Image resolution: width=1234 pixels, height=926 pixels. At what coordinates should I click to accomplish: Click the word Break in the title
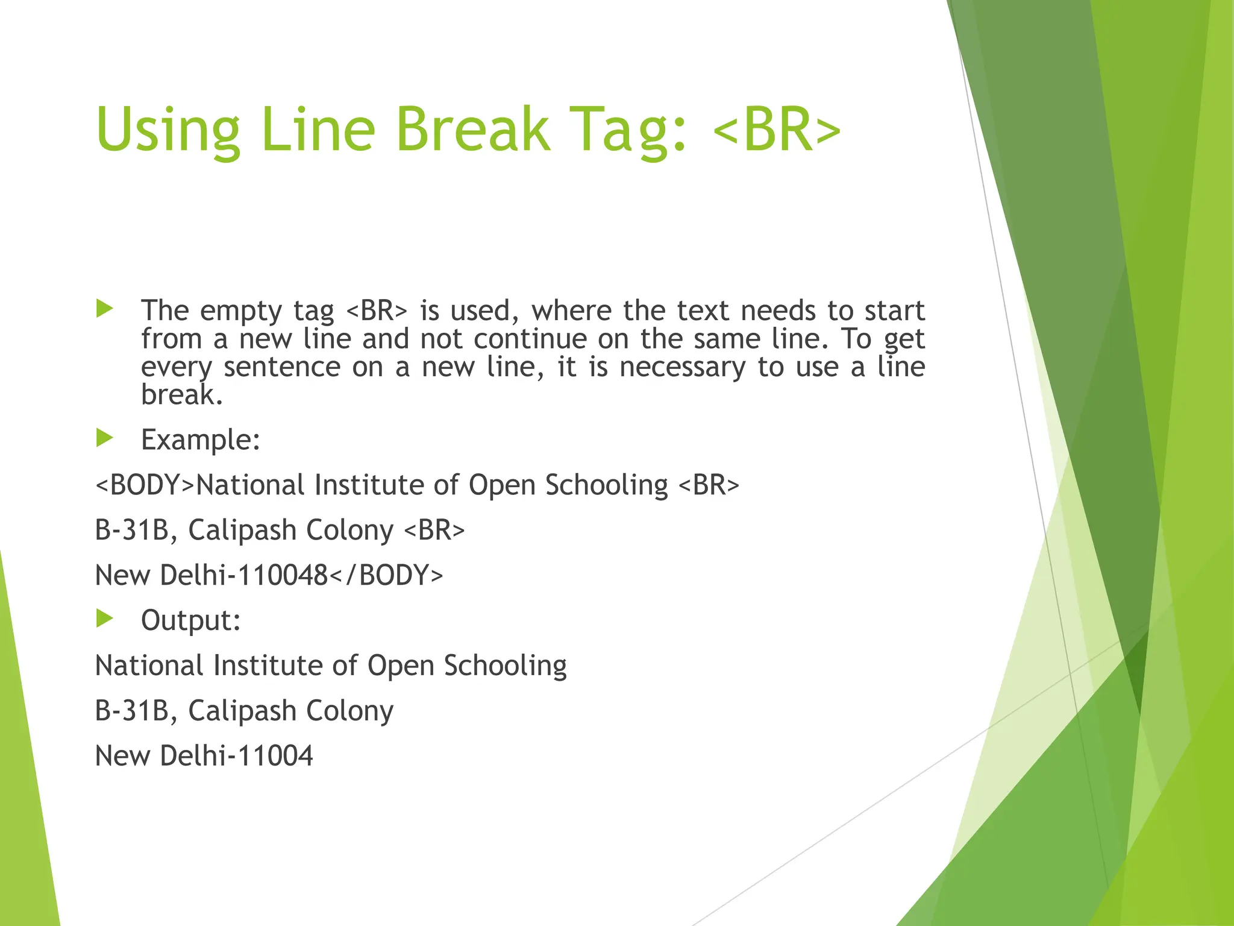click(x=472, y=130)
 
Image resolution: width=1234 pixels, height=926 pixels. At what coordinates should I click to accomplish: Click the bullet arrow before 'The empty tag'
click(x=105, y=309)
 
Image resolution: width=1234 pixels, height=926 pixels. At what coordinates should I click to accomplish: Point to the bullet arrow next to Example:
click(x=105, y=438)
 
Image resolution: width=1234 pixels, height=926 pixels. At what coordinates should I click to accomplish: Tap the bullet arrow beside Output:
click(x=105, y=619)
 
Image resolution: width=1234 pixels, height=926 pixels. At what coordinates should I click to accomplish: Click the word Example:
click(x=201, y=440)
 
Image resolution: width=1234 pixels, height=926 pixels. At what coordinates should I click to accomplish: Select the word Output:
click(x=191, y=620)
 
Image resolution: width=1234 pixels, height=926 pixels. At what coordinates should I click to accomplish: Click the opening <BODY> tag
click(x=145, y=485)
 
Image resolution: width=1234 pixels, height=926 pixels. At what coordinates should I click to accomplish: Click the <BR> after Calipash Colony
click(x=434, y=531)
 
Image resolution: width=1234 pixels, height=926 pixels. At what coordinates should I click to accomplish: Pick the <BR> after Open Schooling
click(x=709, y=485)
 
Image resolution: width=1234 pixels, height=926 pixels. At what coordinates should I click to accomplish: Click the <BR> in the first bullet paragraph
click(x=377, y=311)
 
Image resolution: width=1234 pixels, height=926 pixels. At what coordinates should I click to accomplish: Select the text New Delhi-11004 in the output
click(x=204, y=756)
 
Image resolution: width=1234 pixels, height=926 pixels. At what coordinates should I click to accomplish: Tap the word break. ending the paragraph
click(x=182, y=395)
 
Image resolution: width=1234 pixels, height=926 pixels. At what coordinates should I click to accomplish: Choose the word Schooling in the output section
click(x=505, y=666)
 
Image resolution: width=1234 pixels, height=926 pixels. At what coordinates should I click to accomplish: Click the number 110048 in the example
click(x=283, y=575)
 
